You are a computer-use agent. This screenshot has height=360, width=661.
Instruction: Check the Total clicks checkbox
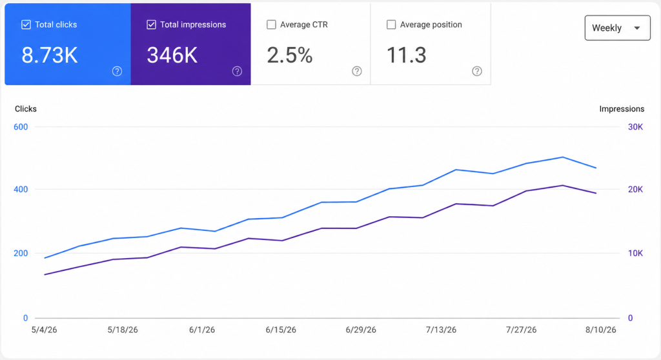click(26, 25)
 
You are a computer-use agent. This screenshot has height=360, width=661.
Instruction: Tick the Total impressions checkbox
click(151, 25)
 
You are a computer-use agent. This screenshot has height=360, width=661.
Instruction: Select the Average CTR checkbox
click(272, 25)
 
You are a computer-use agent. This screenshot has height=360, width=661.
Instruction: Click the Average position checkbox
click(391, 25)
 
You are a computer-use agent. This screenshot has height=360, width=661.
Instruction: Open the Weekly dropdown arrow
click(637, 28)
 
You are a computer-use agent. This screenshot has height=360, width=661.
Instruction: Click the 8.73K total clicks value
click(50, 55)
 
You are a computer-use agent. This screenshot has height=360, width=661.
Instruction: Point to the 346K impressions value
click(172, 55)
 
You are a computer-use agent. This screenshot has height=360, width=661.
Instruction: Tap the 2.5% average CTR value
click(290, 55)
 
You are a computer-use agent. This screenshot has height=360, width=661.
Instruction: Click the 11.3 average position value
click(407, 55)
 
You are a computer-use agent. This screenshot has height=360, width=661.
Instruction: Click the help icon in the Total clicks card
click(117, 71)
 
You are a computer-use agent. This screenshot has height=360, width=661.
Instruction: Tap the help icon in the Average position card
click(477, 71)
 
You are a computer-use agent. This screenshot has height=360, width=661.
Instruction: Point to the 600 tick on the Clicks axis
click(21, 127)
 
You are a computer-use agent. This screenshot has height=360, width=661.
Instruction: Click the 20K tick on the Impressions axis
click(635, 189)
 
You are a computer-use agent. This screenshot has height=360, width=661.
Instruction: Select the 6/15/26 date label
click(281, 330)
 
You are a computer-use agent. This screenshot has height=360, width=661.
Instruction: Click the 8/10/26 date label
click(601, 330)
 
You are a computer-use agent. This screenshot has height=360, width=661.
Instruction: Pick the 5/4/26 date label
click(45, 330)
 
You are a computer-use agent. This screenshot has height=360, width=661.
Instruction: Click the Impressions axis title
click(622, 109)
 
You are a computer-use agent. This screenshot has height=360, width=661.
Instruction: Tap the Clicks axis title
click(26, 109)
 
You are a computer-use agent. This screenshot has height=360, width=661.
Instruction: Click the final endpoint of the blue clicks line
click(596, 168)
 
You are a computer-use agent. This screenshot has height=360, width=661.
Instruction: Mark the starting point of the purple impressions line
click(45, 274)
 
